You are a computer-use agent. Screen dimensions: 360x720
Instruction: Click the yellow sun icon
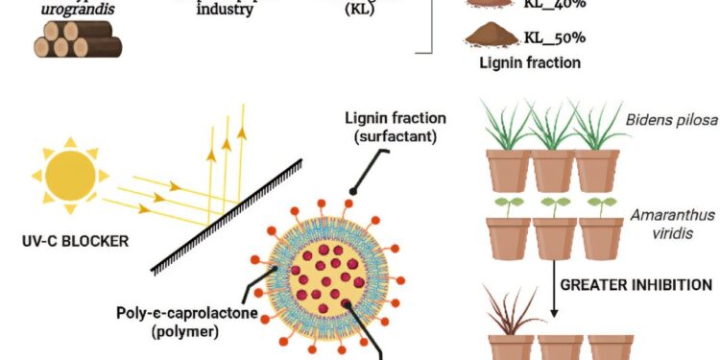(70, 175)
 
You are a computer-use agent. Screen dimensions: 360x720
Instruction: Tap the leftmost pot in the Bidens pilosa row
(509, 169)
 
